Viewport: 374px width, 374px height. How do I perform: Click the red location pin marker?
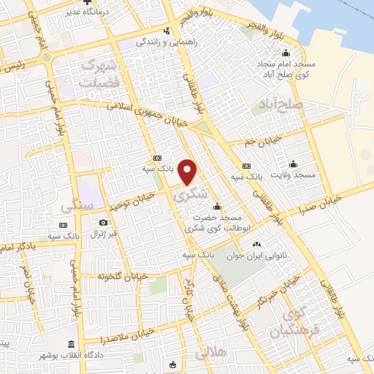pyautogui.click(x=188, y=172)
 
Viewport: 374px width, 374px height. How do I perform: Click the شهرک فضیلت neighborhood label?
pyautogui.click(x=100, y=72)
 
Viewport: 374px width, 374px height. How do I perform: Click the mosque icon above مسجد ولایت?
pyautogui.click(x=293, y=164)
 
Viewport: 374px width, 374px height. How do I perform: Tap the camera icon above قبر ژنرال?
pyautogui.click(x=103, y=222)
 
